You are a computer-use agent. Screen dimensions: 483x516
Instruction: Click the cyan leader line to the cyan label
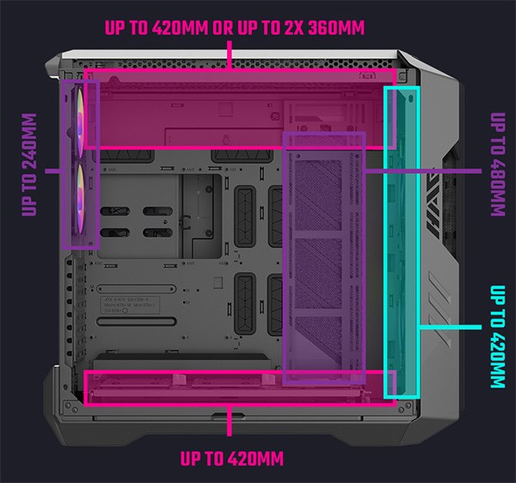click(x=449, y=327)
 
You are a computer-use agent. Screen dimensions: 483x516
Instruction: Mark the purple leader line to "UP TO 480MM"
click(x=421, y=170)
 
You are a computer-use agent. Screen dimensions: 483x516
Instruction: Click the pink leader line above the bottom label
click(x=229, y=422)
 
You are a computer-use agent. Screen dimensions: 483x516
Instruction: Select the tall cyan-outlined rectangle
click(x=401, y=241)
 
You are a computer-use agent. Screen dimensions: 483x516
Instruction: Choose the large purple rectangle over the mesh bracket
click(x=324, y=258)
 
